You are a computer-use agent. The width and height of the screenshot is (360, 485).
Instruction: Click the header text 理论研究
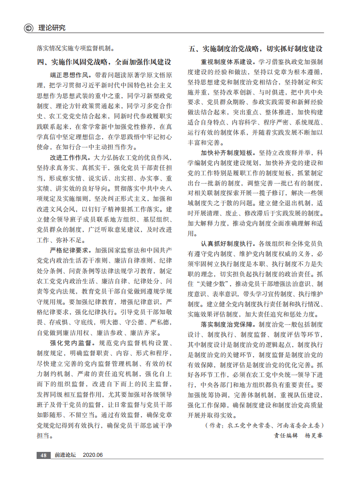tap(52, 28)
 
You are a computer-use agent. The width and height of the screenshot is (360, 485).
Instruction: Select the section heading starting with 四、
tap(104, 62)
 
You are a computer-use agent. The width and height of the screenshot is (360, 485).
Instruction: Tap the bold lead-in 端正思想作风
tap(71, 75)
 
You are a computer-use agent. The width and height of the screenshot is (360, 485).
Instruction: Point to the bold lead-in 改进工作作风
tap(71, 158)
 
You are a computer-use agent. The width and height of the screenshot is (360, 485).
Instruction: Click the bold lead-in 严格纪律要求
tap(71, 250)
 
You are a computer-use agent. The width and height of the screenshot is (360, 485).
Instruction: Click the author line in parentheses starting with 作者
tap(265, 426)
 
